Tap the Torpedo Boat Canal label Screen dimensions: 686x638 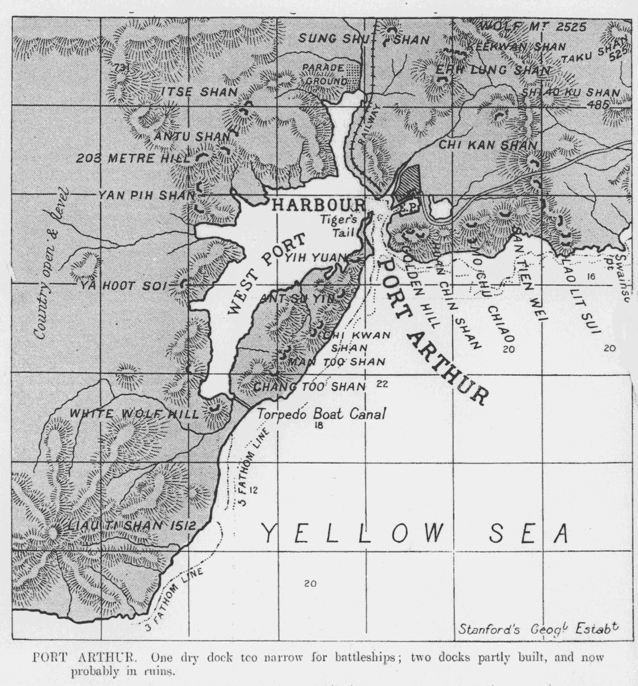pyautogui.click(x=321, y=414)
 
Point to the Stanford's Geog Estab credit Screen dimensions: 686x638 pyautogui.click(x=538, y=629)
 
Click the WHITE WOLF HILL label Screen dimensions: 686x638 pyautogui.click(x=135, y=414)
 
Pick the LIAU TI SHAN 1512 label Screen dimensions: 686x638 pyautogui.click(x=130, y=526)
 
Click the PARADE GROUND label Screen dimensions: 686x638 pyautogui.click(x=324, y=74)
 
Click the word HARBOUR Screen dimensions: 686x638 pyautogui.click(x=318, y=205)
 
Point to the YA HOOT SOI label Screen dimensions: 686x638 pyautogui.click(x=125, y=286)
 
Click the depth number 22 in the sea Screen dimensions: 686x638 pyautogui.click(x=382, y=384)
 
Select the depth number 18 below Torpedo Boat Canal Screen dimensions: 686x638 pyautogui.click(x=319, y=425)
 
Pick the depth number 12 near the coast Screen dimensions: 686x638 pyautogui.click(x=253, y=490)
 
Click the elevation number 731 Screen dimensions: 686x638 pyautogui.click(x=122, y=69)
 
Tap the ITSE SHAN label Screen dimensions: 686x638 pyautogui.click(x=199, y=92)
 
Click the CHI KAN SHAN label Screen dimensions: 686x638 pyautogui.click(x=487, y=145)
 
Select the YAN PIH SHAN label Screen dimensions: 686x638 pyautogui.click(x=146, y=195)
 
